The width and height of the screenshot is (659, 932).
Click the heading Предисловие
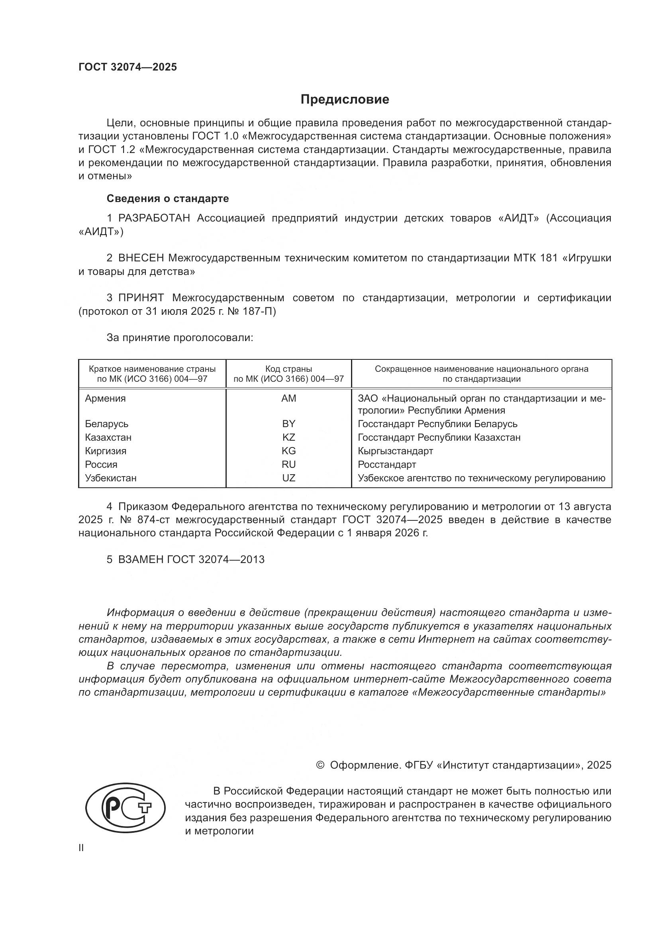point(345,100)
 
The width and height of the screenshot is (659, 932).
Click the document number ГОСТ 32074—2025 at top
point(128,67)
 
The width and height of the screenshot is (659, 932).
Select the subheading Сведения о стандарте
point(168,198)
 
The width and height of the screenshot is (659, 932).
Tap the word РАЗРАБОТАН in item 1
point(154,218)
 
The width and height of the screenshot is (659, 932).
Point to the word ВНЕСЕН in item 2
point(141,258)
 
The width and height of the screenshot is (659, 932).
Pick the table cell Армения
point(106,398)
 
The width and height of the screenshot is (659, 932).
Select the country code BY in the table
point(288,424)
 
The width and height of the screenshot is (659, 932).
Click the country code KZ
point(288,437)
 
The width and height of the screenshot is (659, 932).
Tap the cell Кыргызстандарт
point(395,451)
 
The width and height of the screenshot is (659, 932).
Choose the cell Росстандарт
point(387,464)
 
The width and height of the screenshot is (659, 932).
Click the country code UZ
point(288,478)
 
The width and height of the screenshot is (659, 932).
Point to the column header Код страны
point(288,369)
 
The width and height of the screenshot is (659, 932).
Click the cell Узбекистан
point(111,478)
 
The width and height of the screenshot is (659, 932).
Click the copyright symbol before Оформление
point(320,765)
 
